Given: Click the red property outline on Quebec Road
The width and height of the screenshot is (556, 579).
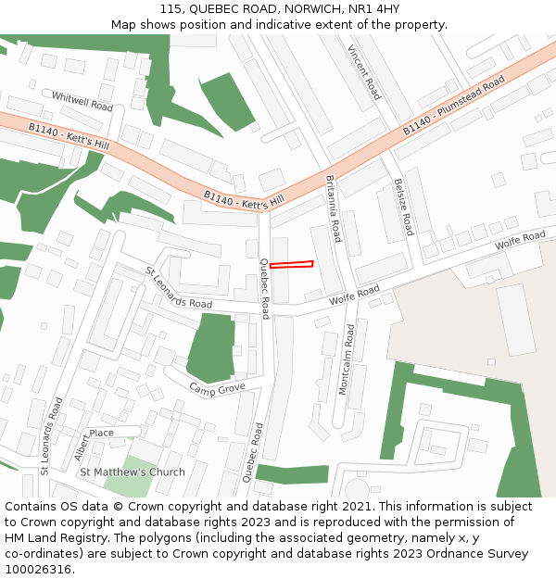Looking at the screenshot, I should (291, 265).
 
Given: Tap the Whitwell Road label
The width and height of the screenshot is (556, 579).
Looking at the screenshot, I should (82, 101).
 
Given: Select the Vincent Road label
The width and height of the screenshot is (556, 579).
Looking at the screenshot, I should (364, 72).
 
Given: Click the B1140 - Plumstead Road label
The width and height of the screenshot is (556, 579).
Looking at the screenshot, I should (453, 109).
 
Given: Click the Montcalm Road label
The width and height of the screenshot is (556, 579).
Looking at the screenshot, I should (346, 359).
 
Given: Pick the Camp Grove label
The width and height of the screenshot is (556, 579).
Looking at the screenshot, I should (217, 387).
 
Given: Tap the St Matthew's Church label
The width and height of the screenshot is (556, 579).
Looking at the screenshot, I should (133, 472).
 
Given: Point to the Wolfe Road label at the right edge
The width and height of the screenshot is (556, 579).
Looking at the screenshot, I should (520, 240).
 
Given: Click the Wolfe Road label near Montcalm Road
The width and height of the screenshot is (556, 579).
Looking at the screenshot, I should (355, 296).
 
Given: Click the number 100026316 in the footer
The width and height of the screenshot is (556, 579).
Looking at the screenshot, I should (38, 569).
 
